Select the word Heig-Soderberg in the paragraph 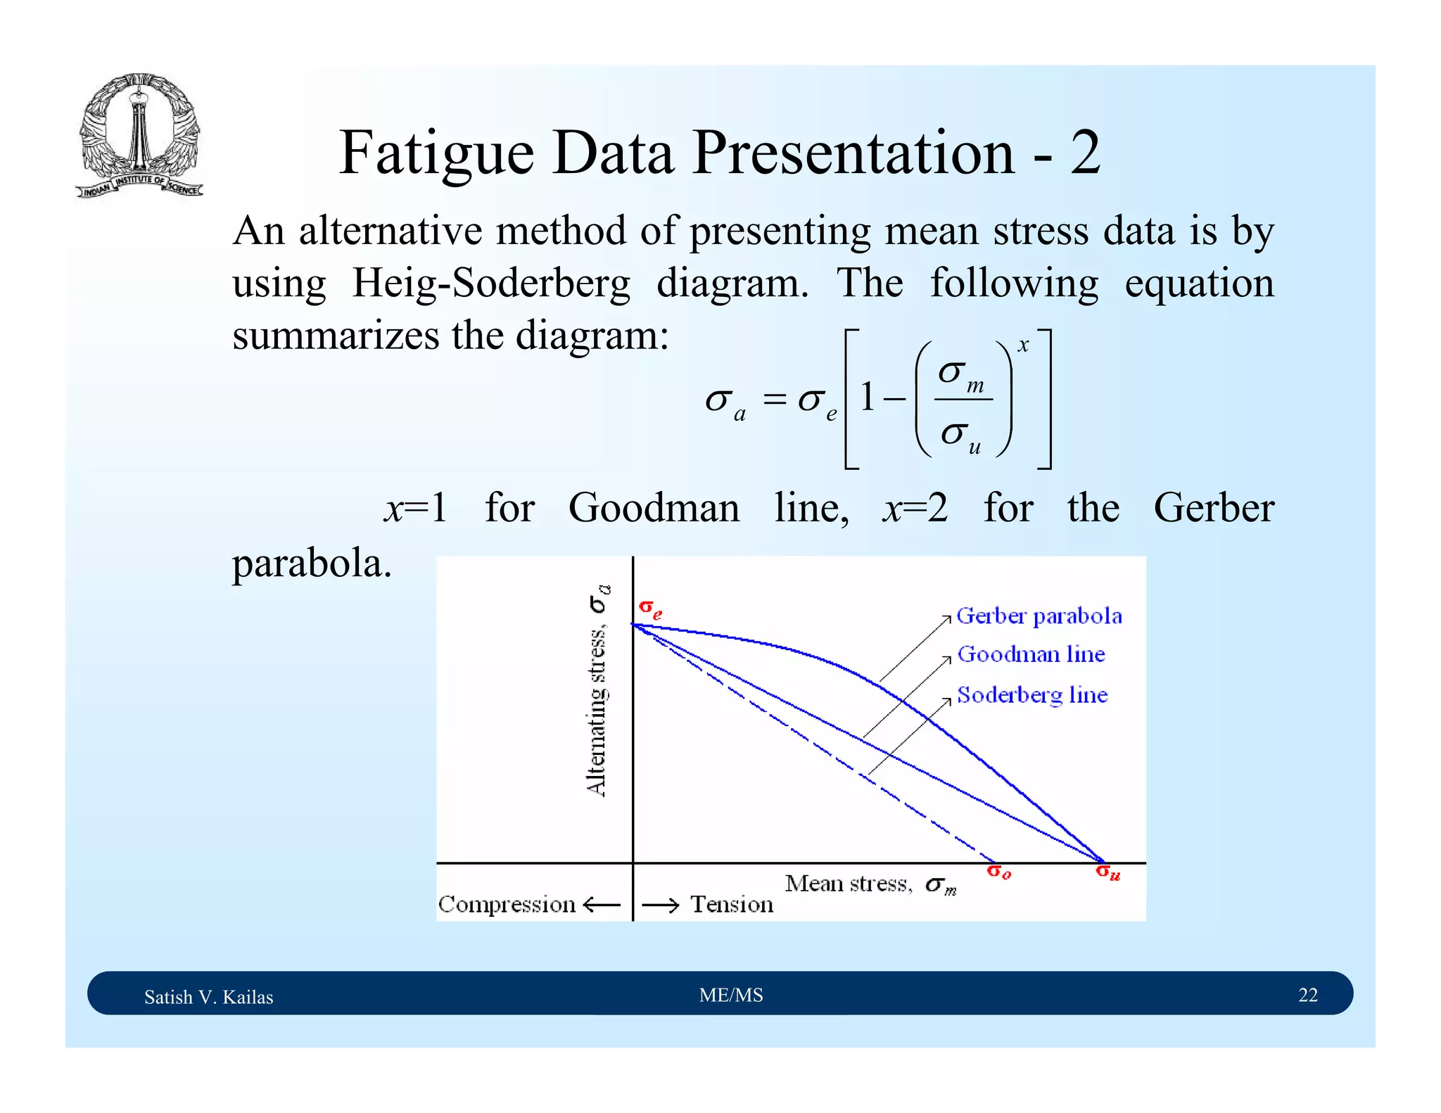point(490,284)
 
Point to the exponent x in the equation point(1023,345)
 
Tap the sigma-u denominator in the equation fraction point(960,435)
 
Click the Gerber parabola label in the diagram point(1039,616)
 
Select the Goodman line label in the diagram point(1031,654)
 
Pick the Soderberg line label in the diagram point(1032,695)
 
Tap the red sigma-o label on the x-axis point(998,872)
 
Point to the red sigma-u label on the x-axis point(1107,872)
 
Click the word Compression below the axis point(507,904)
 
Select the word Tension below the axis point(732,904)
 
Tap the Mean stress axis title point(870,884)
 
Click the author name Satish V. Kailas point(208,997)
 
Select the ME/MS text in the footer point(731,995)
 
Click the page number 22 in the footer point(1307,995)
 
